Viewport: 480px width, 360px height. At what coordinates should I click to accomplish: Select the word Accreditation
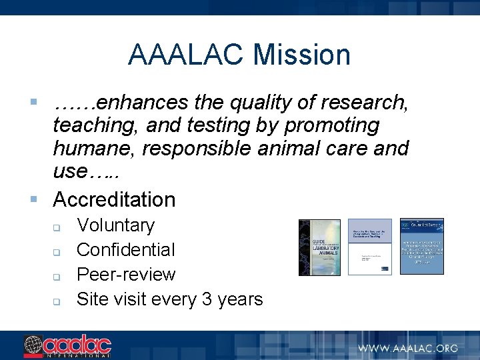coord(114,199)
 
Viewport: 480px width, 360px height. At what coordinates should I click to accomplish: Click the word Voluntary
coord(115,225)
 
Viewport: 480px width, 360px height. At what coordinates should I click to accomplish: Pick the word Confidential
coord(125,250)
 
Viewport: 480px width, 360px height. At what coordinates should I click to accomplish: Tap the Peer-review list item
coord(126,275)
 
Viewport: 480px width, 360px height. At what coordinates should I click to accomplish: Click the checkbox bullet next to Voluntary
coord(57,227)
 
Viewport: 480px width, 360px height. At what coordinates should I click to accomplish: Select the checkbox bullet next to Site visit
coord(57,301)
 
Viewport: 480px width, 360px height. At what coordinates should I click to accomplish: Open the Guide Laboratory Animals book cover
coord(319,247)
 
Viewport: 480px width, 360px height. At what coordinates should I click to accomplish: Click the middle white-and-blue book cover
coord(370,247)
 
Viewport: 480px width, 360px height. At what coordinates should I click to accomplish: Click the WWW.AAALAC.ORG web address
coord(407,347)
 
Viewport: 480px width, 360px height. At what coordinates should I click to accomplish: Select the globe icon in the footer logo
coord(33,345)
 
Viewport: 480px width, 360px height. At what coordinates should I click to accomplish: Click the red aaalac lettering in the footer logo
coord(76,345)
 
